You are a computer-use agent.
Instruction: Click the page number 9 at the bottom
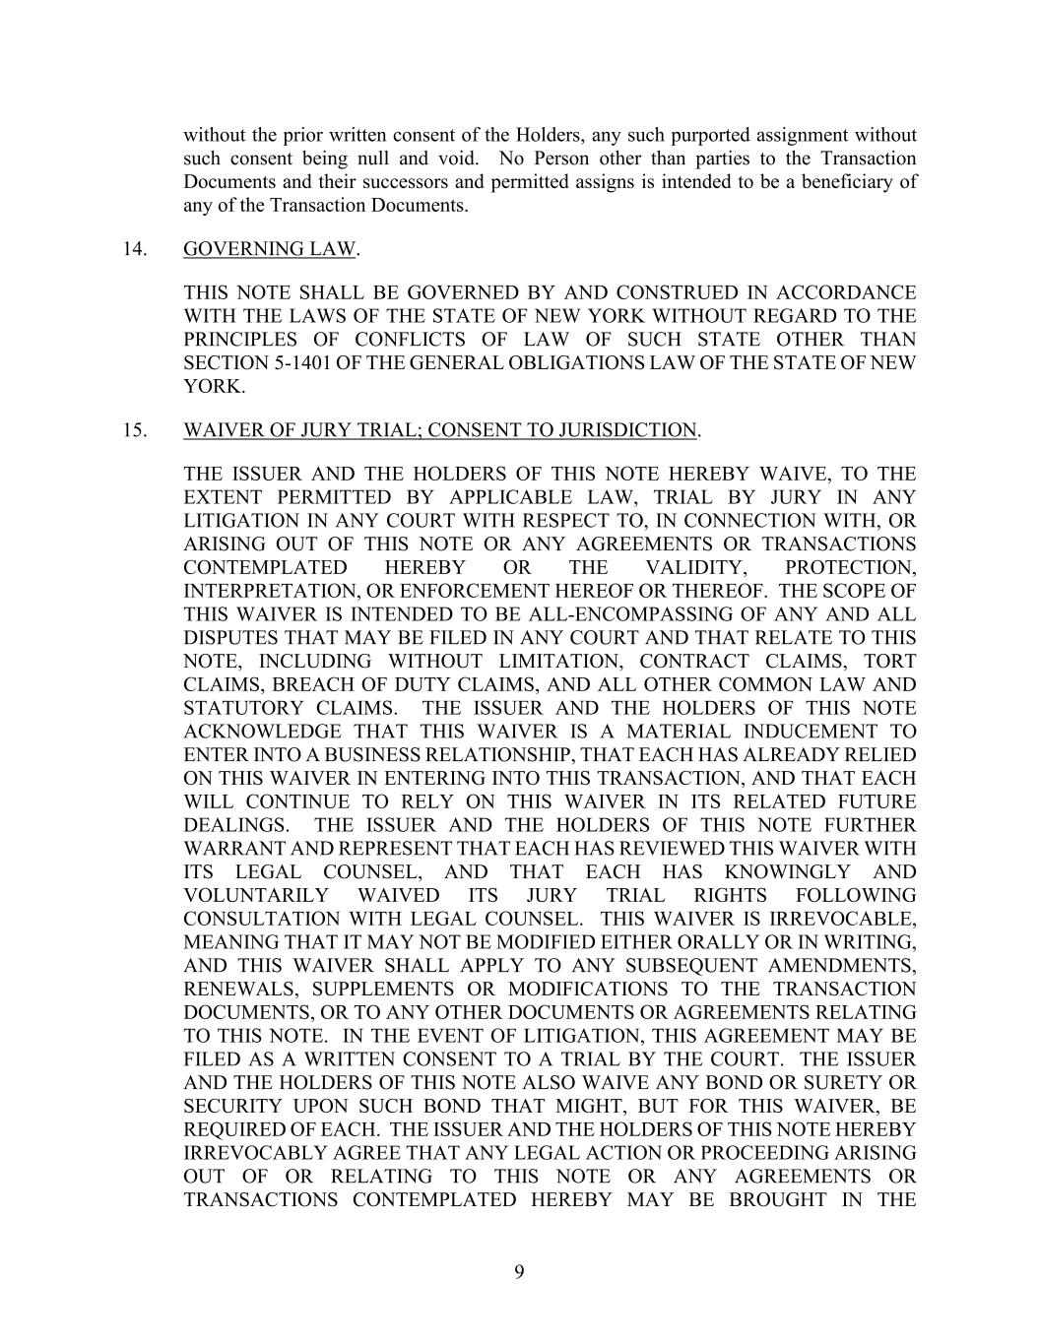click(x=519, y=1272)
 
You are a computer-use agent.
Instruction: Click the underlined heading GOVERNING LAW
click(x=268, y=249)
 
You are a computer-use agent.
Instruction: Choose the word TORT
click(x=889, y=662)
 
